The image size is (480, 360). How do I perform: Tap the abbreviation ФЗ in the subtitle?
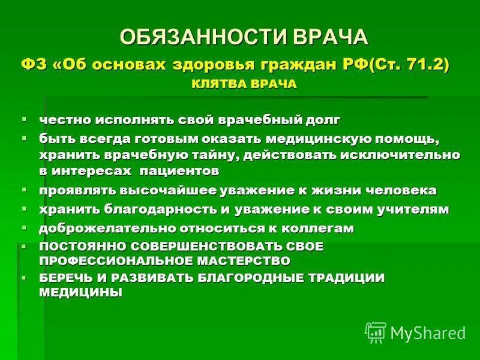click(x=33, y=65)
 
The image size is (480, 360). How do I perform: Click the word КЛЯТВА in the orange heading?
click(x=217, y=84)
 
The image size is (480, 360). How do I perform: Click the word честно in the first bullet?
click(x=67, y=120)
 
